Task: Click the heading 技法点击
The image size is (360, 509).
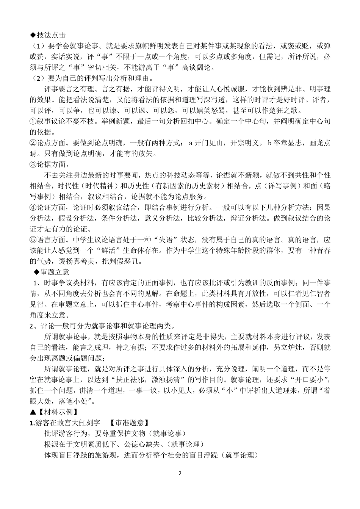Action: point(52,35)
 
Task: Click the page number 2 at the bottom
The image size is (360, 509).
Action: point(180,473)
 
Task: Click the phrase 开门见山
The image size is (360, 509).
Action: point(209,143)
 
